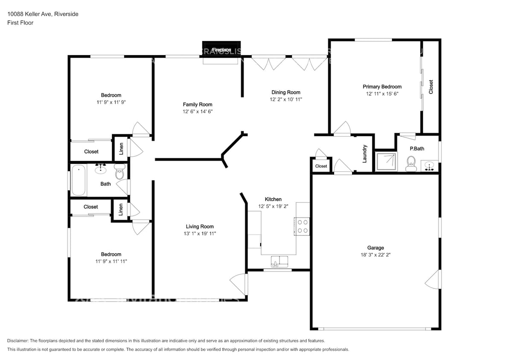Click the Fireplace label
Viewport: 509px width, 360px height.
point(221,50)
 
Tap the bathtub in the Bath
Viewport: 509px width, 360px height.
point(79,180)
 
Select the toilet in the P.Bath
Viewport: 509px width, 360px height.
point(411,163)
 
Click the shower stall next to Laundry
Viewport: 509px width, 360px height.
point(385,162)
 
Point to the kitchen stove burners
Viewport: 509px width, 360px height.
point(302,226)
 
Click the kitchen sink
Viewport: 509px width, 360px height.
point(280,261)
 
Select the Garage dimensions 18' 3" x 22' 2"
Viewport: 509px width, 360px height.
point(375,255)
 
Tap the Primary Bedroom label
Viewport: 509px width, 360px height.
point(382,87)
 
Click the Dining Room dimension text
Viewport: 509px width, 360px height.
point(285,99)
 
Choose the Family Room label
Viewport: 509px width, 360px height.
point(198,105)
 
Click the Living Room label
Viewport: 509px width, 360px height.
point(200,226)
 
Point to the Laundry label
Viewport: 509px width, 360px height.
point(365,154)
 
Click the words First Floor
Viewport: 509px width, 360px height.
point(20,23)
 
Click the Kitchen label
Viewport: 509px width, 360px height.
point(273,199)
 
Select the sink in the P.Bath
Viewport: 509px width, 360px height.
point(430,165)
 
